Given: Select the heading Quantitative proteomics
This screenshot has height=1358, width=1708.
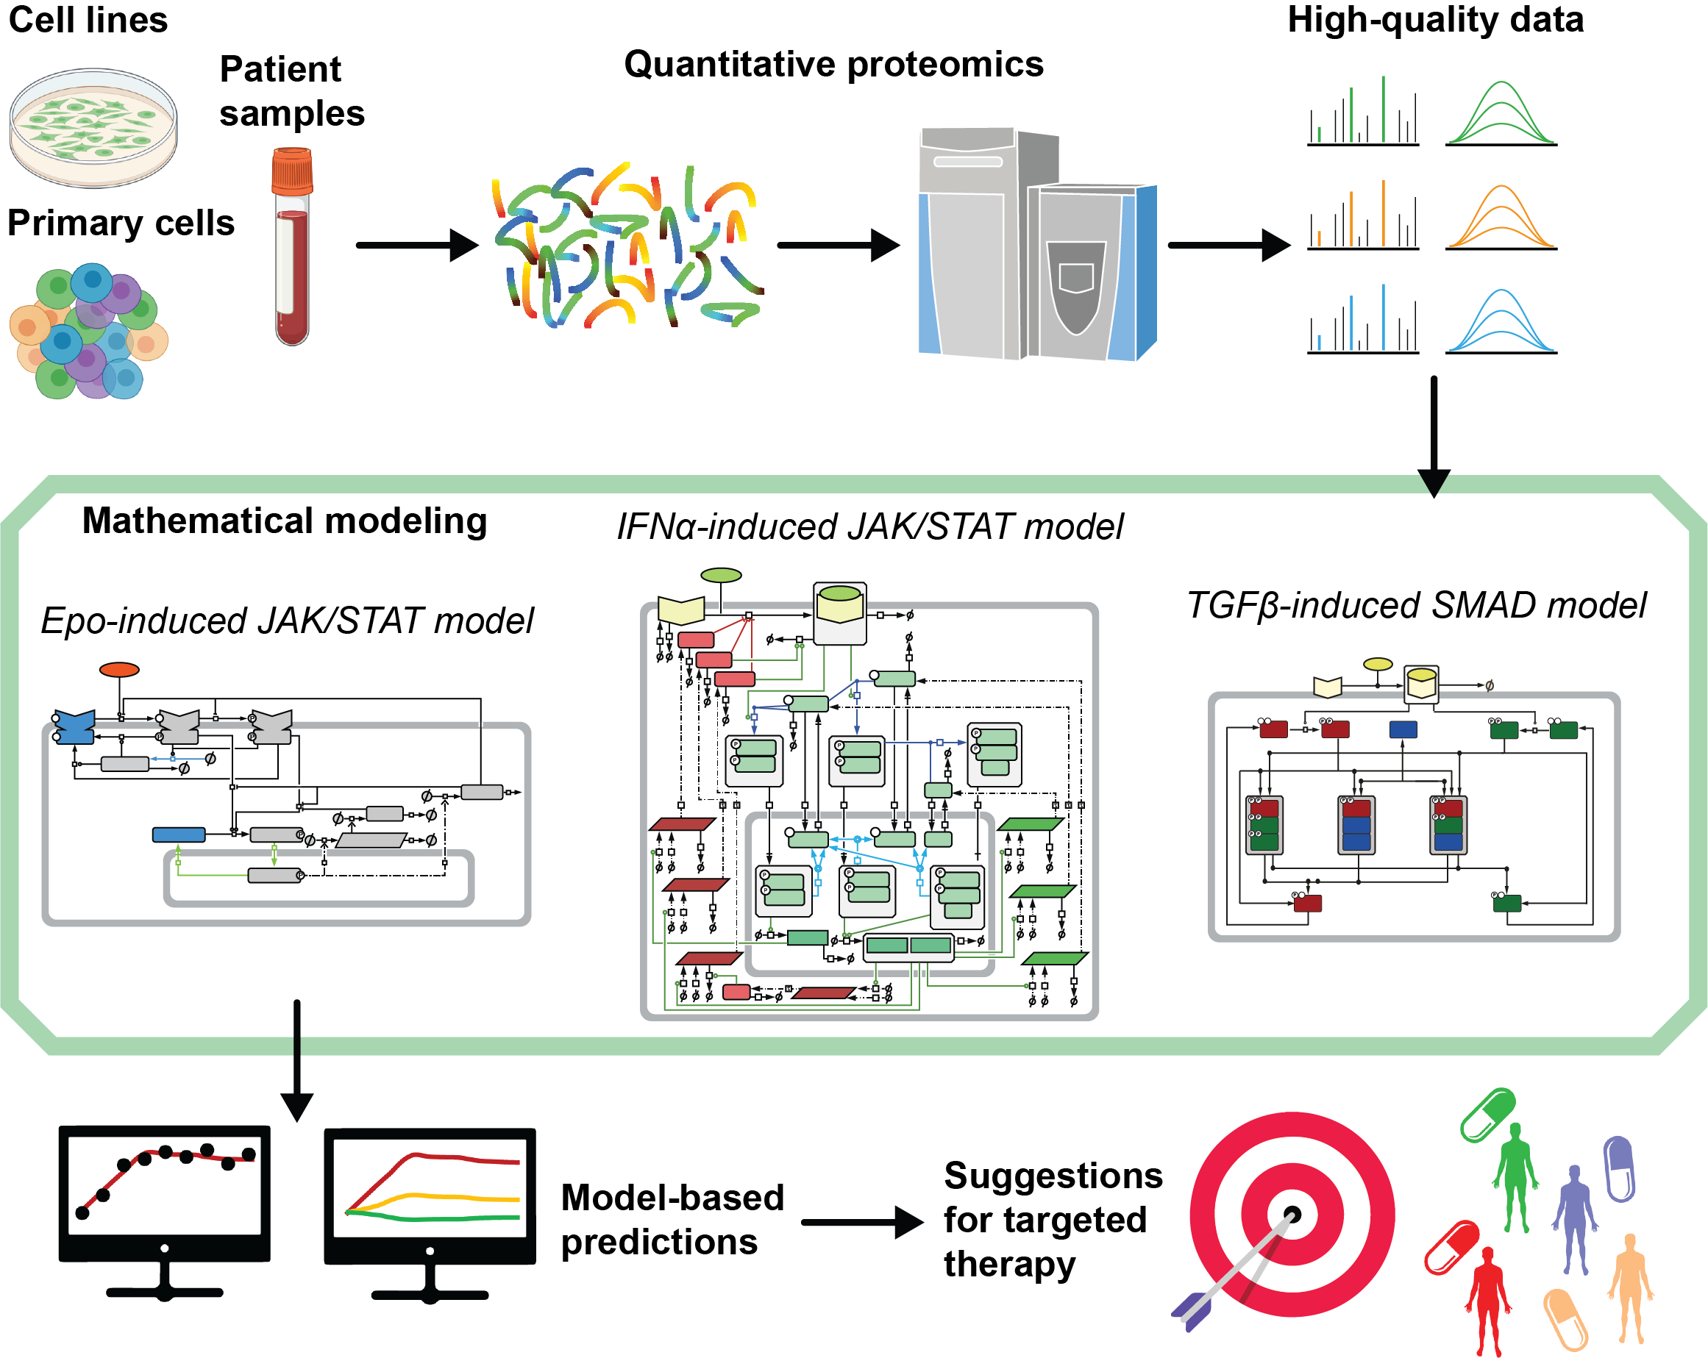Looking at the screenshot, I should [x=833, y=64].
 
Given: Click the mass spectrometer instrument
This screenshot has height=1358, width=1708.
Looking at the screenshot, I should [x=1036, y=246].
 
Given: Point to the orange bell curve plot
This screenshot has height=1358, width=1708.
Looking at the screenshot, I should [x=1501, y=218].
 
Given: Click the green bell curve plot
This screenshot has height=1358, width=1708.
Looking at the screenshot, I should [x=1501, y=114].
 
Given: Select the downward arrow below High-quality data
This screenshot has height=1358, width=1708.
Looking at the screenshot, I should [x=1433, y=435].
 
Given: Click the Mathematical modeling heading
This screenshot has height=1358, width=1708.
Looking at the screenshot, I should [x=285, y=521].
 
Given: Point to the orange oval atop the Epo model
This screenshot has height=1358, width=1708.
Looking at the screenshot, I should [x=120, y=670].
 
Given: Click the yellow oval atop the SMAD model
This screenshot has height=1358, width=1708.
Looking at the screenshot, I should [x=1378, y=663].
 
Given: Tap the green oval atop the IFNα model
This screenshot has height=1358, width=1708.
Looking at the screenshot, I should [x=721, y=575].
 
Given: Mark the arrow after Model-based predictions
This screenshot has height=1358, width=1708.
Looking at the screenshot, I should [x=861, y=1222].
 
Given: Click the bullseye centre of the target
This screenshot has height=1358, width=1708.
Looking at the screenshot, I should [x=1292, y=1215].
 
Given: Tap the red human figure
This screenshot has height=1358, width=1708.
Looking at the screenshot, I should [x=1488, y=1298].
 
